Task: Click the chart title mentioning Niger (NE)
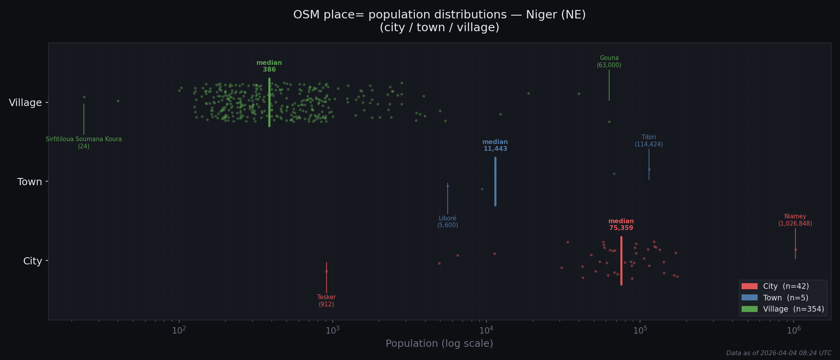point(439,21)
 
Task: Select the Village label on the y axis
point(25,103)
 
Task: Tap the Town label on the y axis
point(30,182)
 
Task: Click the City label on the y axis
point(32,261)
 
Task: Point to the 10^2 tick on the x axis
point(179,330)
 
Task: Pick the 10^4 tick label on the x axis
point(486,330)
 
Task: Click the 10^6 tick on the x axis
point(794,330)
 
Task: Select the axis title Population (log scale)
point(439,344)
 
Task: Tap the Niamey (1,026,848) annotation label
point(795,220)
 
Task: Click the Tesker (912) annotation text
point(326,301)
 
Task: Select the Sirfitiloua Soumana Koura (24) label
point(84,143)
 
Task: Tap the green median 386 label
point(269,66)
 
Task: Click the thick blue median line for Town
point(495,182)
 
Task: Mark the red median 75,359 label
point(621,225)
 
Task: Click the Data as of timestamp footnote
point(778,353)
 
